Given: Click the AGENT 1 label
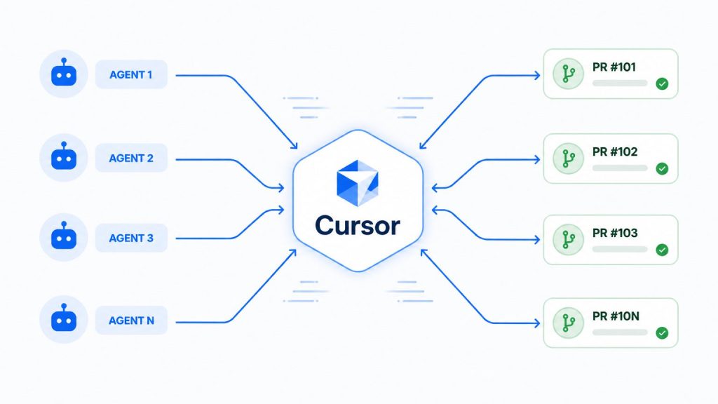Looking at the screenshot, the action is (x=131, y=74).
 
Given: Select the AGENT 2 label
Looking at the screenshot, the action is (x=131, y=159).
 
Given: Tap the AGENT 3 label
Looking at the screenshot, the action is (x=131, y=238).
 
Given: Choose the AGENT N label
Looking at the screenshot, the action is (x=131, y=321).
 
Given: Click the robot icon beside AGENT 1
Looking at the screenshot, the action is (x=64, y=72).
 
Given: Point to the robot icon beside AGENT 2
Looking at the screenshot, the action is (x=64, y=156).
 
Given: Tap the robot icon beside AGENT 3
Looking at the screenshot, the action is (x=64, y=236).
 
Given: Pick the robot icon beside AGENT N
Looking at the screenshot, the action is (x=64, y=318).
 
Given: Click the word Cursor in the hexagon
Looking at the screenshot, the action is (x=358, y=225).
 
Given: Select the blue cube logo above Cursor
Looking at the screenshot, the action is (x=358, y=183).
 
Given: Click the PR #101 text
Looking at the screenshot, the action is (x=614, y=67).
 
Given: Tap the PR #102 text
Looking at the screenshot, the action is (x=615, y=151).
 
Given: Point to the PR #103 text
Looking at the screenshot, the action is (x=615, y=233).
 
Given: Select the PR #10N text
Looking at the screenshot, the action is (x=616, y=316).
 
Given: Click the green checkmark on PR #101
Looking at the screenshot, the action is (x=662, y=84).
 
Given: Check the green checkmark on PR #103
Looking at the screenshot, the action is (x=662, y=250).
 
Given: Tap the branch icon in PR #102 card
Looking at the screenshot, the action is (x=568, y=159).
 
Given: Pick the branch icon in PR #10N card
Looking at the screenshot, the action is (x=568, y=323).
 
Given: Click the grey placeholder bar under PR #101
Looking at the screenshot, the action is (x=620, y=83).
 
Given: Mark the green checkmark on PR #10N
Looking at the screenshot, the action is (x=662, y=333).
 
